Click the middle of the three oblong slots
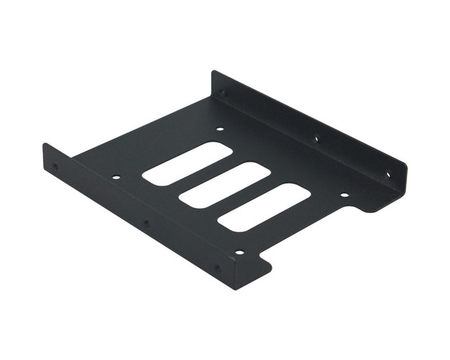click(x=224, y=185)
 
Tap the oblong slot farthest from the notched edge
click(x=187, y=163)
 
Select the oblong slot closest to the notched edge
click(x=264, y=207)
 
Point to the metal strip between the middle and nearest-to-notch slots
click(x=244, y=196)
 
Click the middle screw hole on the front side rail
click(x=146, y=224)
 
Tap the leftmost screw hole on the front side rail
click(x=56, y=167)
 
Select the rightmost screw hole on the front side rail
click(x=217, y=268)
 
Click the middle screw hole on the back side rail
click(x=316, y=138)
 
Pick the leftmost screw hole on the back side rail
click(x=223, y=92)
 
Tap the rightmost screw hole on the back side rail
click(x=387, y=174)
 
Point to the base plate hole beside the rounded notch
click(x=344, y=195)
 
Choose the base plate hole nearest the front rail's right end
click(x=239, y=251)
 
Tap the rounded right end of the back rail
click(x=402, y=184)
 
